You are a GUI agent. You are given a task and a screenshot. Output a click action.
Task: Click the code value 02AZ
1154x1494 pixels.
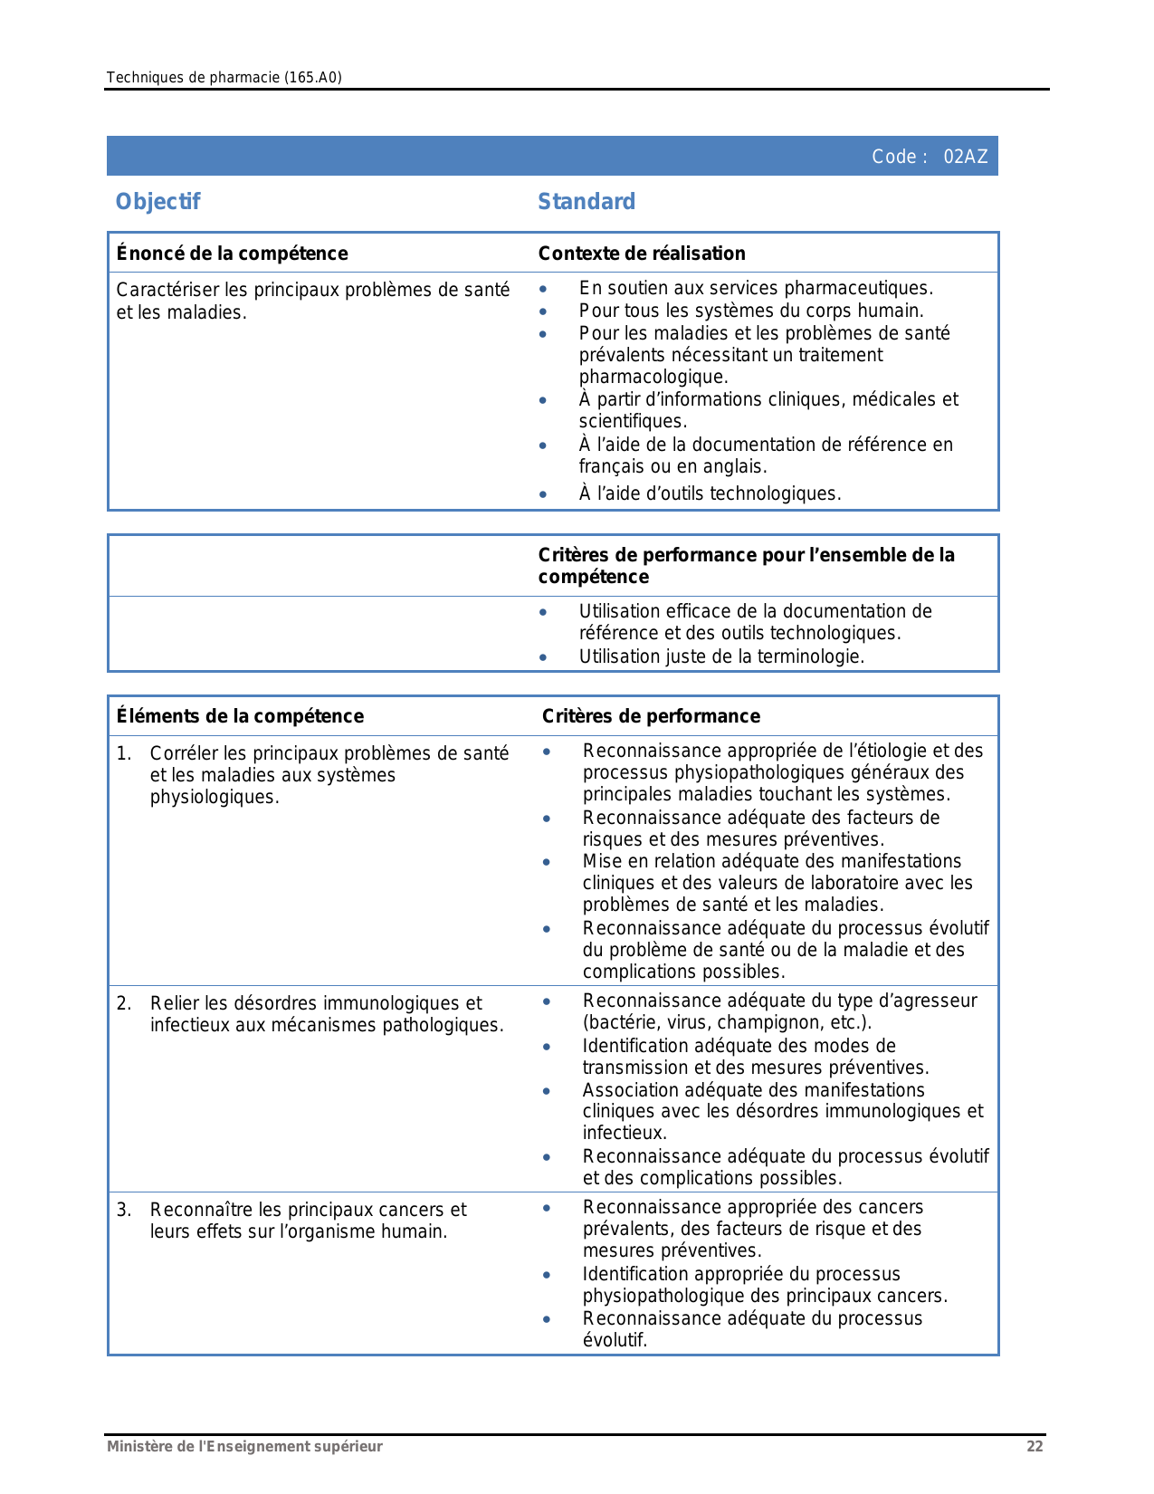click(965, 157)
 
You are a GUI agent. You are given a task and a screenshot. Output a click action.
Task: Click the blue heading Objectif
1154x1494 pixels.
click(157, 202)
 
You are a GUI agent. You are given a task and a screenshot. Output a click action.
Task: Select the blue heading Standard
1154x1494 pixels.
click(587, 202)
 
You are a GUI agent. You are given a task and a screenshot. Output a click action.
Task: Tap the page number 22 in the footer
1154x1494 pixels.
click(1035, 1446)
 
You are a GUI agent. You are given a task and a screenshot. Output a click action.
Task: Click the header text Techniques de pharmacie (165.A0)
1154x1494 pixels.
click(224, 78)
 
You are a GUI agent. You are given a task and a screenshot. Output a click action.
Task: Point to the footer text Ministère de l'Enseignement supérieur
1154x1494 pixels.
click(244, 1446)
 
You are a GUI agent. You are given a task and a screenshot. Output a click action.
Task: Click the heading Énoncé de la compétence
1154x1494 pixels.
click(232, 254)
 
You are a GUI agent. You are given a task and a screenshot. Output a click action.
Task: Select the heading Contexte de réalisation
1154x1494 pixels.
click(642, 254)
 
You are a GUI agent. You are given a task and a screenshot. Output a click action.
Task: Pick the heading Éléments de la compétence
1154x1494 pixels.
click(240, 716)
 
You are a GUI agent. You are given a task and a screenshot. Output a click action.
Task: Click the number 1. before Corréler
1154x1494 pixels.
click(124, 753)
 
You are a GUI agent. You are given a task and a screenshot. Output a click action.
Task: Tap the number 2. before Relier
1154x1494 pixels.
click(124, 1003)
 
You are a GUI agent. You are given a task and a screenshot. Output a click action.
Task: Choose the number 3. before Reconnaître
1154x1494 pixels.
click(124, 1210)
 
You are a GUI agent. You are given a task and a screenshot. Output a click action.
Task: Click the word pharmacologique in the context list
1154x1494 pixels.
click(653, 377)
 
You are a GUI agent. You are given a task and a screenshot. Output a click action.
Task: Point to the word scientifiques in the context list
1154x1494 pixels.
click(632, 421)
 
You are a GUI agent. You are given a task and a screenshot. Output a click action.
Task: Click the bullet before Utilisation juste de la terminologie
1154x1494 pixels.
click(543, 657)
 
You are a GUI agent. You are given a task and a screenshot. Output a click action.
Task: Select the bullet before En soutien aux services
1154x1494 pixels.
click(543, 289)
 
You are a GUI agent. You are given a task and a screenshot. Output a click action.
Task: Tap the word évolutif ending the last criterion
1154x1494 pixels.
click(615, 1340)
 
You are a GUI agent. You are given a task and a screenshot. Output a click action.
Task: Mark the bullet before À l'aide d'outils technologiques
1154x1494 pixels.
click(543, 494)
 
